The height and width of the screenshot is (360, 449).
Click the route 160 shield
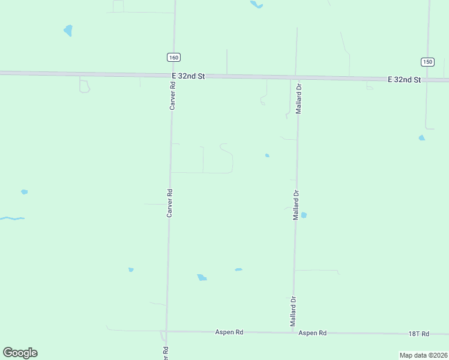[x=173, y=57]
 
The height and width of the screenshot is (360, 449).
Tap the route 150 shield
[x=427, y=62]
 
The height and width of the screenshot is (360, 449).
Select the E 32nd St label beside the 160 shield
[x=188, y=76]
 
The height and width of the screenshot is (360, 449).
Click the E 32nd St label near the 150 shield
[x=404, y=79]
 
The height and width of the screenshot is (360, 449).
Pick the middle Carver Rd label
[x=170, y=203]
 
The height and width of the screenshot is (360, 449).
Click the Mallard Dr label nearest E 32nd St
[x=298, y=99]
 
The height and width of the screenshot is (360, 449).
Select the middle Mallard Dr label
[x=296, y=205]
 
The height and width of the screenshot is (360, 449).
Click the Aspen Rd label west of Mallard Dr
[x=230, y=332]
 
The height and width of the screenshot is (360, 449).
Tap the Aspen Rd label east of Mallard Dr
[x=312, y=332]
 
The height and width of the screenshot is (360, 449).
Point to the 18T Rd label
[x=419, y=334]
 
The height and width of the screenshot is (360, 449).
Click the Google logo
[x=20, y=353]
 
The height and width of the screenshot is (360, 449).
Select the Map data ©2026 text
[x=423, y=355]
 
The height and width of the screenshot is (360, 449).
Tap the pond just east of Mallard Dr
[x=304, y=215]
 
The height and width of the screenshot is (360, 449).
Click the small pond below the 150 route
[x=422, y=138]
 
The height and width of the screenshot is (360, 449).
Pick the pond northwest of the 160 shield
[x=68, y=30]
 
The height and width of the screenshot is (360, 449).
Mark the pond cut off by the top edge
[x=256, y=4]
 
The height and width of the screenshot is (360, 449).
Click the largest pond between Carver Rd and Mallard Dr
[x=202, y=277]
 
